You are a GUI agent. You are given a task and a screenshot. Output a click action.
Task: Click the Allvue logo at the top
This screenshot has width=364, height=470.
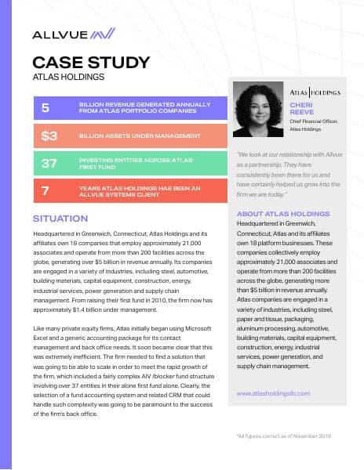point(74,34)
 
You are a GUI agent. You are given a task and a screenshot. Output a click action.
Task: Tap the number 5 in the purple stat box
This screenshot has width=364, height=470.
point(45,107)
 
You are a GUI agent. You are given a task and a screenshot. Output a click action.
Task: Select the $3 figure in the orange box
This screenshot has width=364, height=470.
point(49,136)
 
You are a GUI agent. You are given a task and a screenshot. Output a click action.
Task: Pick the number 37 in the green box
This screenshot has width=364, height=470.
point(49,163)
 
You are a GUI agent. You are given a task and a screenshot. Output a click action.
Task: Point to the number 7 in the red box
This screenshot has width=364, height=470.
point(45,190)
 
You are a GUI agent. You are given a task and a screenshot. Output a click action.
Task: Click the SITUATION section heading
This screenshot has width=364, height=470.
point(60,219)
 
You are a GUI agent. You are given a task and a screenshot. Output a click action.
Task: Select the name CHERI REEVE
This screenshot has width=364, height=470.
point(301,108)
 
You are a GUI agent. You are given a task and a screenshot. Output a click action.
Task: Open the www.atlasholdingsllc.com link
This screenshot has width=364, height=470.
point(273,393)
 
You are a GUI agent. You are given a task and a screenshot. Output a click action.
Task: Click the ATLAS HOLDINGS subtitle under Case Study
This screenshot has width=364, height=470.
point(68,78)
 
